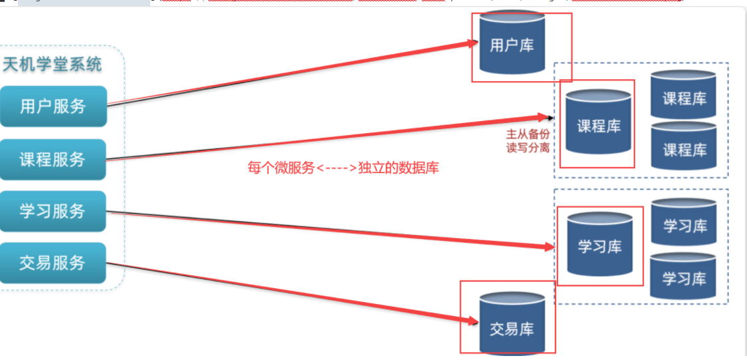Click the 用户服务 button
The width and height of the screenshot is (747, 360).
point(53,106)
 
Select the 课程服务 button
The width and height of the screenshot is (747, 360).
point(53,159)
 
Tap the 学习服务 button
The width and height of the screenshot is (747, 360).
point(53,211)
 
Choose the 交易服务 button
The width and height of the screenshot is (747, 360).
point(53,263)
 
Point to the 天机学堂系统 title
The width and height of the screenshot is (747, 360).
point(53,65)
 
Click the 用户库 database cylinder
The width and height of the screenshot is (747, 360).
point(512,45)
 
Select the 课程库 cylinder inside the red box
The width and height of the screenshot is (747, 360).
point(598,124)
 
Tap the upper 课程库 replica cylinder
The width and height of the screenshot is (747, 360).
point(684,98)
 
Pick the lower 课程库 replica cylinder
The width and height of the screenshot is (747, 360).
point(684,148)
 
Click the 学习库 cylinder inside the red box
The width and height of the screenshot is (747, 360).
point(599,245)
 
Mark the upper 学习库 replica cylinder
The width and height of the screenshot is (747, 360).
point(684,226)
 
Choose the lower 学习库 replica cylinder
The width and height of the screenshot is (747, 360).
point(684,278)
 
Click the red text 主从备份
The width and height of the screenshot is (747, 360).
point(528,134)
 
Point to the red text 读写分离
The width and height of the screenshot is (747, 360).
point(528,148)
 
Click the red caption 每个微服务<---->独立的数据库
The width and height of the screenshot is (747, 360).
point(343,168)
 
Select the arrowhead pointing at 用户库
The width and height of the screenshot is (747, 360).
point(474,44)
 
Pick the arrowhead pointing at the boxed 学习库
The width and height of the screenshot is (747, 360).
point(549,247)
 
